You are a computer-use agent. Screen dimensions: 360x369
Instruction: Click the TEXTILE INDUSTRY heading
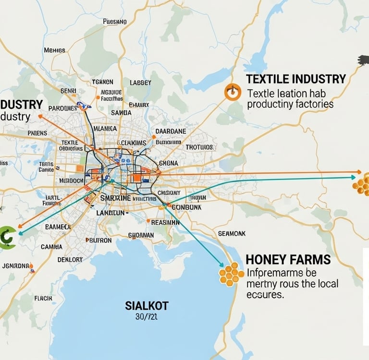click(295, 79)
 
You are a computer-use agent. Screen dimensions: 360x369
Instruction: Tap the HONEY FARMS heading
click(288, 260)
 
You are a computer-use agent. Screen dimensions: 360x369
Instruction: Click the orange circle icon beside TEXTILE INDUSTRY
click(232, 93)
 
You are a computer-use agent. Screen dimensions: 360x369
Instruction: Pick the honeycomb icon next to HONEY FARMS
click(232, 274)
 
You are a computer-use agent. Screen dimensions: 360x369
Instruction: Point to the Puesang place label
click(115, 22)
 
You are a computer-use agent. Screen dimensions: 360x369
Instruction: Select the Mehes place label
click(54, 50)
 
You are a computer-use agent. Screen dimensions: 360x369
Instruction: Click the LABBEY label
click(140, 83)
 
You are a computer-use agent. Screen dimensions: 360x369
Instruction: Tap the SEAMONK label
click(232, 233)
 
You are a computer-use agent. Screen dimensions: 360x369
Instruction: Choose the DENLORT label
click(70, 259)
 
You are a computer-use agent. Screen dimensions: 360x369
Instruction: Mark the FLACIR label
click(43, 298)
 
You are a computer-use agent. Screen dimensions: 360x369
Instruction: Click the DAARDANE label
click(172, 131)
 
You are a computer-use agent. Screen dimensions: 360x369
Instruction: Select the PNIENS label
click(37, 133)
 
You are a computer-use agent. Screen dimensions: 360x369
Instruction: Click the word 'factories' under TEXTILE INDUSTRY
click(311, 104)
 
